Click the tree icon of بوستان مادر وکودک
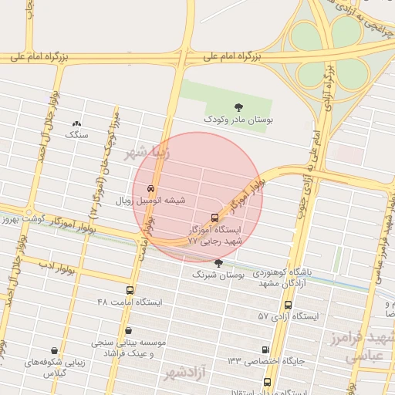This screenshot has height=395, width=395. [238, 107]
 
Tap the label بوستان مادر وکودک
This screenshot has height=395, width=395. [238, 120]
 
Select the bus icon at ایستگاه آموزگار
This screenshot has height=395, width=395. [214, 217]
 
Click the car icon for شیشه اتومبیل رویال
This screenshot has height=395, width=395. [151, 188]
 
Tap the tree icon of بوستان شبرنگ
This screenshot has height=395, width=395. [218, 263]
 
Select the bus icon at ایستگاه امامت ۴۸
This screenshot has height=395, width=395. [130, 290]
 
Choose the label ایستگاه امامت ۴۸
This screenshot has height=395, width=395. [130, 302]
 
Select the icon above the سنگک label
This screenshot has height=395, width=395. [76, 123]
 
